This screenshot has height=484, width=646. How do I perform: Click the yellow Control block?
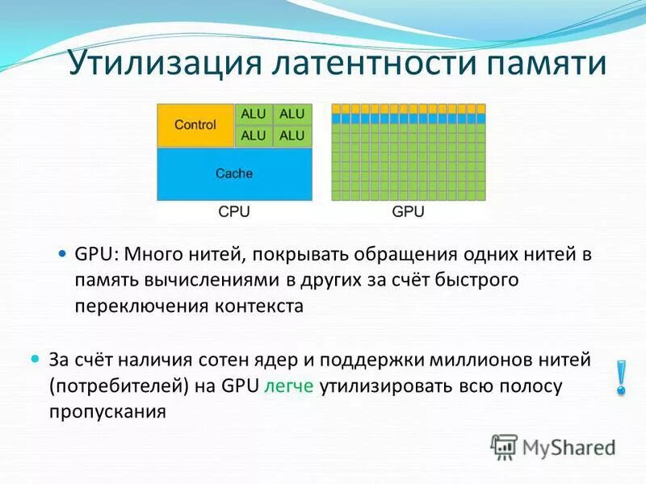tap(195, 125)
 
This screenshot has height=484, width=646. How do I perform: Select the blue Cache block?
tap(234, 173)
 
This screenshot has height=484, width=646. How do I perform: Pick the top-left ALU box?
tap(253, 115)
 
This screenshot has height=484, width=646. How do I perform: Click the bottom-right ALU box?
tap(292, 136)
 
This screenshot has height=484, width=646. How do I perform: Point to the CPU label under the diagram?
tap(234, 212)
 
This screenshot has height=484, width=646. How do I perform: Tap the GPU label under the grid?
tap(408, 212)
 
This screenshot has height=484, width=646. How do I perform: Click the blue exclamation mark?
tap(620, 377)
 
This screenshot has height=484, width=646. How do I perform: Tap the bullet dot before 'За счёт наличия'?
tap(35, 357)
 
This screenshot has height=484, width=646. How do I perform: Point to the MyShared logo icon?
tap(504, 446)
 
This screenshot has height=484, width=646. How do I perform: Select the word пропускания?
tap(107, 411)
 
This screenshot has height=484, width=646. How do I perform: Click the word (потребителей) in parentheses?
tap(120, 385)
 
